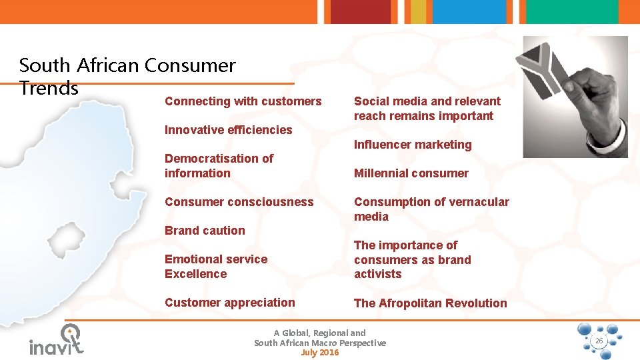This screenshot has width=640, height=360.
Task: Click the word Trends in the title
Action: [x=49, y=88]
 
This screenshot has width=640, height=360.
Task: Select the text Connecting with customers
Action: [x=243, y=101]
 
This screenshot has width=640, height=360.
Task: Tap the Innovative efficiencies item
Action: [x=228, y=130]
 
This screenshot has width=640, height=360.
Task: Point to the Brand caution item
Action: [x=205, y=231]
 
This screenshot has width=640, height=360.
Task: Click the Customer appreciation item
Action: [x=229, y=303]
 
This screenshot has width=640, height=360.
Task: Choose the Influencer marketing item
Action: [x=412, y=145]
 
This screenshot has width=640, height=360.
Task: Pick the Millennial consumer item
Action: [x=411, y=173]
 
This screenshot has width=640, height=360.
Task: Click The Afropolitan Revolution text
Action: [x=430, y=303]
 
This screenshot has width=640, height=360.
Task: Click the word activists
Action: [x=377, y=274]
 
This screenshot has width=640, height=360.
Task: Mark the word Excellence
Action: [x=195, y=274]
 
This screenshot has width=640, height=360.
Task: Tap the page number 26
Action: [x=599, y=341]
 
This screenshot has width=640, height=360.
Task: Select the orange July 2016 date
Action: [x=320, y=353]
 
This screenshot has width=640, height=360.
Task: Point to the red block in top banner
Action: [x=351, y=11]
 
